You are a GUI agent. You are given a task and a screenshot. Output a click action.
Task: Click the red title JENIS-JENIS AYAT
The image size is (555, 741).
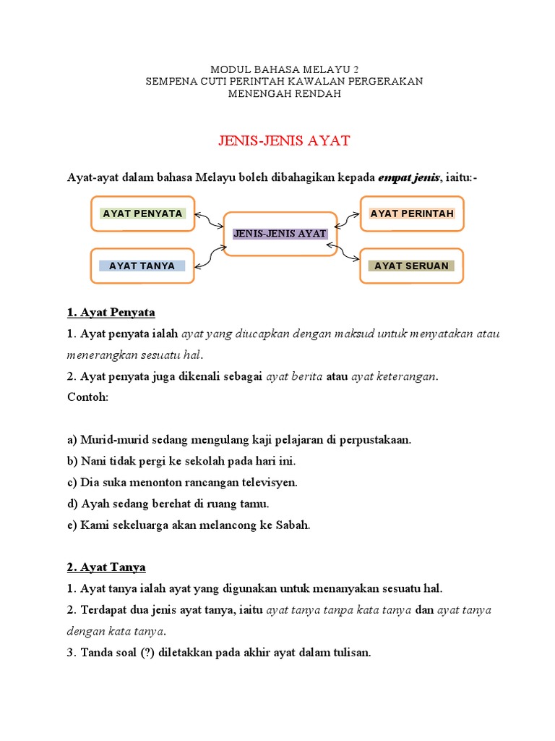pyautogui.click(x=284, y=141)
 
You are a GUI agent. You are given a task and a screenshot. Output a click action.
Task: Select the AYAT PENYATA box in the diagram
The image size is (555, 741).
pyautogui.click(x=142, y=213)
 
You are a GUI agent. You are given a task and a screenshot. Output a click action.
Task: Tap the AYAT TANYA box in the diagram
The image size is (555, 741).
pyautogui.click(x=142, y=266)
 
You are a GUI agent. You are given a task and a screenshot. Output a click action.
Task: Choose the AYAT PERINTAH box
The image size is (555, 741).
pyautogui.click(x=412, y=213)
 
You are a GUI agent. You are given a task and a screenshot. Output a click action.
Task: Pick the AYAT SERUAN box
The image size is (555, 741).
pyautogui.click(x=412, y=266)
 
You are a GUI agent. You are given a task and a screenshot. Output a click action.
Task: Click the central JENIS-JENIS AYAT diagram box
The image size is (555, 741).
pyautogui.click(x=280, y=234)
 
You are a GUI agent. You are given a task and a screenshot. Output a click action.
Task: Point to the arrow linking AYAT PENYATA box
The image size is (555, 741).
pyautogui.click(x=210, y=221)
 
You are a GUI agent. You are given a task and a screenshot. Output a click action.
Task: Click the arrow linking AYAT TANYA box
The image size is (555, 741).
pyautogui.click(x=210, y=255)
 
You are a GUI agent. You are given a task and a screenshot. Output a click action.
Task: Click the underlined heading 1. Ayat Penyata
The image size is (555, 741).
pyautogui.click(x=111, y=313)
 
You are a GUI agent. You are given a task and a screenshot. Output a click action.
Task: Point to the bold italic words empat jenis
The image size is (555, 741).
pyautogui.click(x=408, y=179)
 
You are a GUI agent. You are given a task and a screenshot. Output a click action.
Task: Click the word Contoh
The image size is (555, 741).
pyautogui.click(x=87, y=397)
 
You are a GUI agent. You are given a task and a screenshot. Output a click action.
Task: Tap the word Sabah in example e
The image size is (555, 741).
pyautogui.click(x=293, y=525)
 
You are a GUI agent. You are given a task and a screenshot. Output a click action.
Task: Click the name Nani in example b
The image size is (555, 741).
pyautogui.click(x=93, y=461)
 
